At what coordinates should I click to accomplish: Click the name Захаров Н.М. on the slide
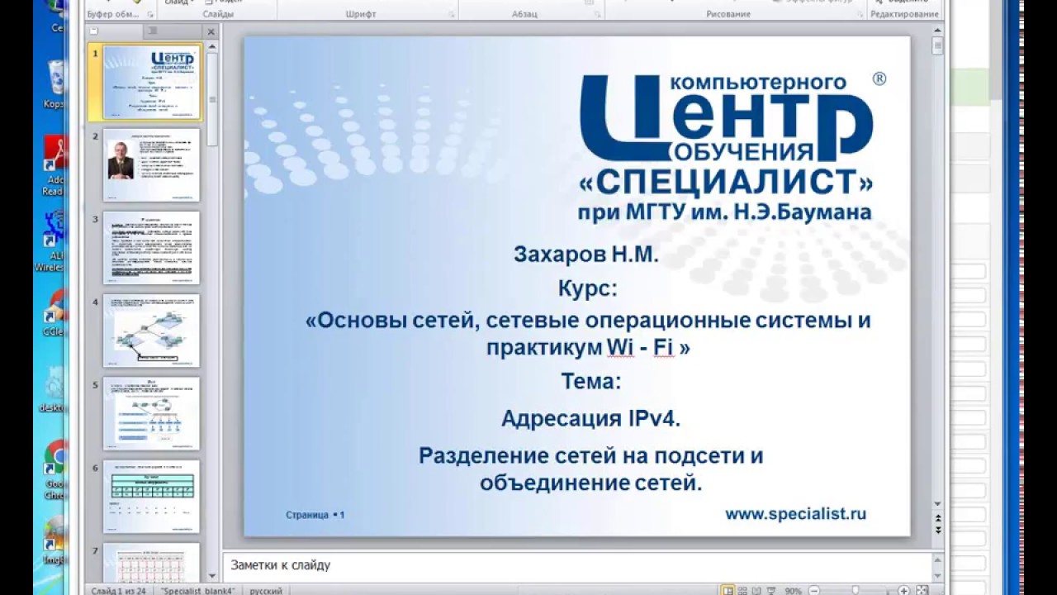click(x=586, y=255)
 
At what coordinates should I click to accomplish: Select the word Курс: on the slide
click(x=587, y=289)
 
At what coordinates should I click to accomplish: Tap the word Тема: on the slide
click(x=590, y=381)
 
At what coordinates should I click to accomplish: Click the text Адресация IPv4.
click(x=590, y=419)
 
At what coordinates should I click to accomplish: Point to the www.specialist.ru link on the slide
click(x=795, y=513)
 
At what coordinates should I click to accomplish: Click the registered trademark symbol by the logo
click(x=879, y=79)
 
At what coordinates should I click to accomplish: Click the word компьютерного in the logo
click(x=758, y=83)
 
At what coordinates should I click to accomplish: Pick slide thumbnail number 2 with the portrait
click(x=151, y=165)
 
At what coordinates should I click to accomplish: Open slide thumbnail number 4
click(x=151, y=331)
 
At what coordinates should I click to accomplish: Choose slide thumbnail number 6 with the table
click(x=151, y=496)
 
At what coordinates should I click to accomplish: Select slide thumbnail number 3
click(x=151, y=248)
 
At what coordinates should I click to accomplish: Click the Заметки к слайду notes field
click(x=578, y=565)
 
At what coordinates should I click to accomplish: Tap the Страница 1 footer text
click(x=315, y=515)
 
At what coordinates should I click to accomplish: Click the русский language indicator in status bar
click(x=266, y=591)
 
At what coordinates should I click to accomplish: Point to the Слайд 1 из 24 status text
click(x=119, y=591)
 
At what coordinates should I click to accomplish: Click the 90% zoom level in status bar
click(x=793, y=591)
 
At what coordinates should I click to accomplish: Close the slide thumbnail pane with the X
click(x=211, y=32)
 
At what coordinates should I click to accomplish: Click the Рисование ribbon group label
click(x=728, y=14)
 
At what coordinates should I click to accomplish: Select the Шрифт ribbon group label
click(x=361, y=14)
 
